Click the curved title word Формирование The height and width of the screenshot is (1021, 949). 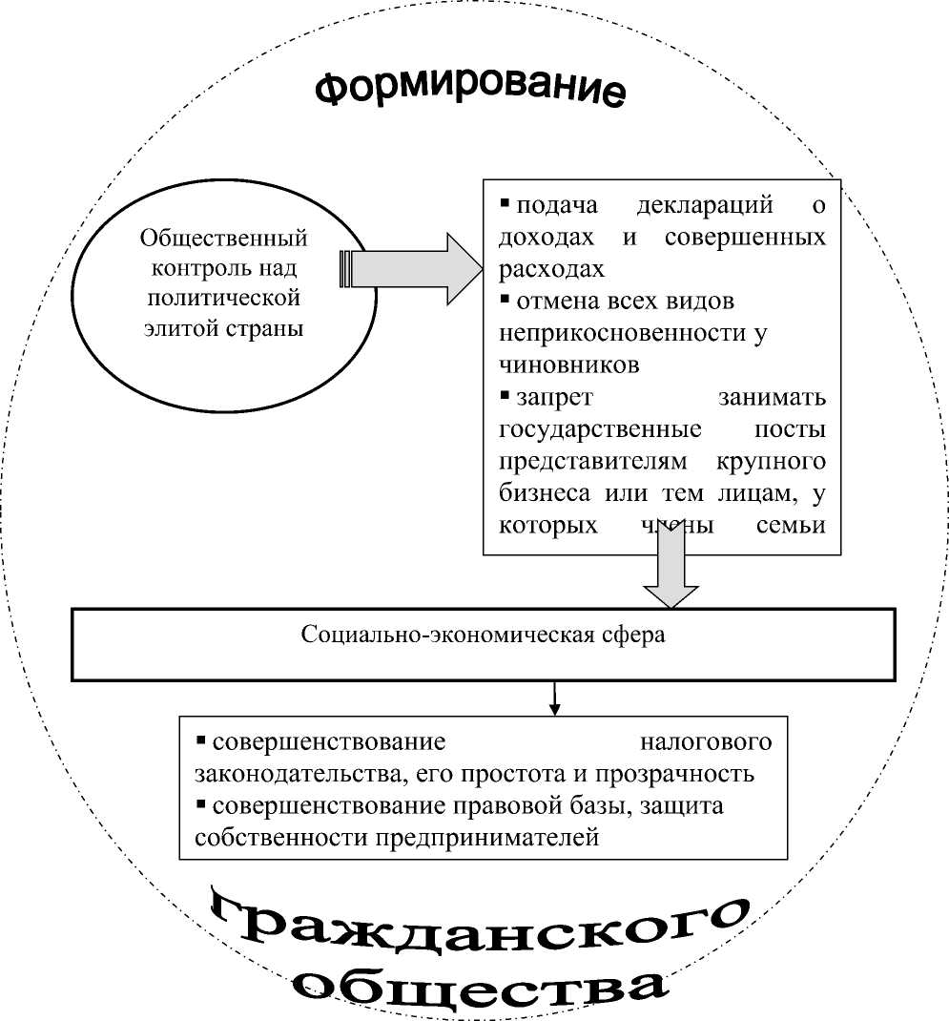(x=470, y=88)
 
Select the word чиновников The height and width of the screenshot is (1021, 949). (x=568, y=365)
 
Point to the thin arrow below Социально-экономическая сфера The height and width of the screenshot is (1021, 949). (x=554, y=698)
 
